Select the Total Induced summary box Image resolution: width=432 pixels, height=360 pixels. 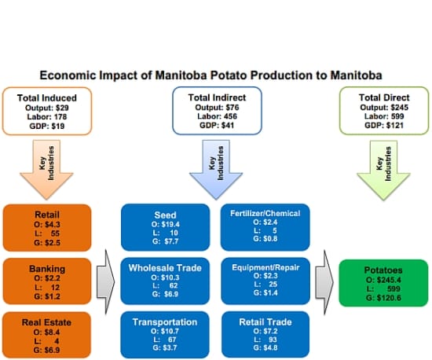(x=46, y=110)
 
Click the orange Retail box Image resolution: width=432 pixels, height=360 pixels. (x=46, y=226)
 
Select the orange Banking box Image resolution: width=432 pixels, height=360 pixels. (x=46, y=280)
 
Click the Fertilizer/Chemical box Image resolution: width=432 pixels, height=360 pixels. (x=267, y=226)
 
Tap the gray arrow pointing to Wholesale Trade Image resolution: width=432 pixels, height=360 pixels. (x=104, y=279)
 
